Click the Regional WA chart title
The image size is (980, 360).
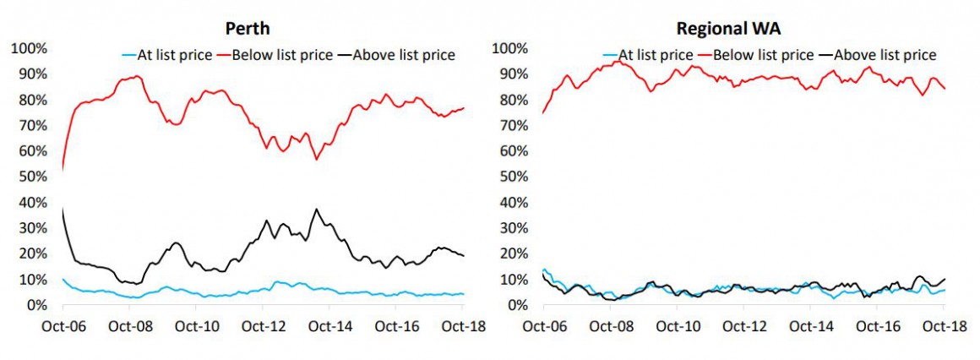(x=729, y=28)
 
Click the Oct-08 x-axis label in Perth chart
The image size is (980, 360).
(x=130, y=326)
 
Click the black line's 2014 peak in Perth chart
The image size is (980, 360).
(x=317, y=209)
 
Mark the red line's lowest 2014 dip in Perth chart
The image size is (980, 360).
(x=316, y=159)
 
